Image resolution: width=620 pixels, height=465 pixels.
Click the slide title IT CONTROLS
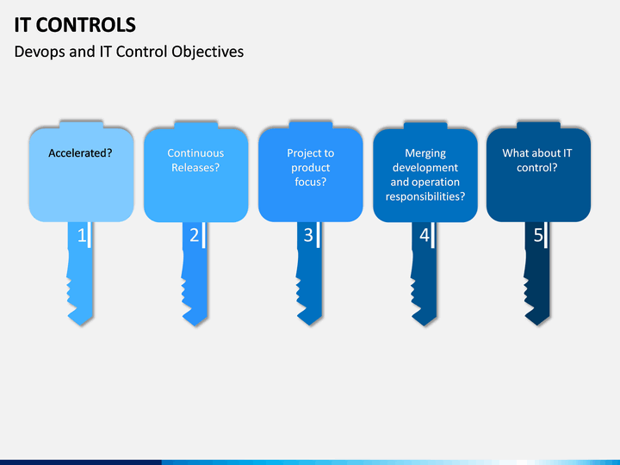pos(75,25)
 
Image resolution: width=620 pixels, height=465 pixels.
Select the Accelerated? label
pos(80,153)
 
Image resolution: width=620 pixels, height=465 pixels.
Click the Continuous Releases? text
pos(195,160)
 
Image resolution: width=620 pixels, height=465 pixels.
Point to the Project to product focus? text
pos(310,167)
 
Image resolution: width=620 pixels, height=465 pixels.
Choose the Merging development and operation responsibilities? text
pos(425,174)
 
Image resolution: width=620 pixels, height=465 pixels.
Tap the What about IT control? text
pos(537,160)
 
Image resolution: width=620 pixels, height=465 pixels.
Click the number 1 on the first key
pos(82,236)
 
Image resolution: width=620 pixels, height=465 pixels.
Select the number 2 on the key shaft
pos(194,236)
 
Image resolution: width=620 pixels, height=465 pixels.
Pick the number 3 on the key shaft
pos(308,236)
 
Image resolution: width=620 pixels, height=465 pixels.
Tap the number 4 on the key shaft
pos(425,236)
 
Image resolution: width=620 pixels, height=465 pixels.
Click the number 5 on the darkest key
pos(538,236)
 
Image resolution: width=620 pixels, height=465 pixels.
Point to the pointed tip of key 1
pos(81,325)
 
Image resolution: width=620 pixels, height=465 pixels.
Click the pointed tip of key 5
pos(537,325)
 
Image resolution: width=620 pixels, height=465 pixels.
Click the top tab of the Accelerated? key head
pos(81,125)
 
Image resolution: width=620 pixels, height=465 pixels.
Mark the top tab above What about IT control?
pos(538,125)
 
